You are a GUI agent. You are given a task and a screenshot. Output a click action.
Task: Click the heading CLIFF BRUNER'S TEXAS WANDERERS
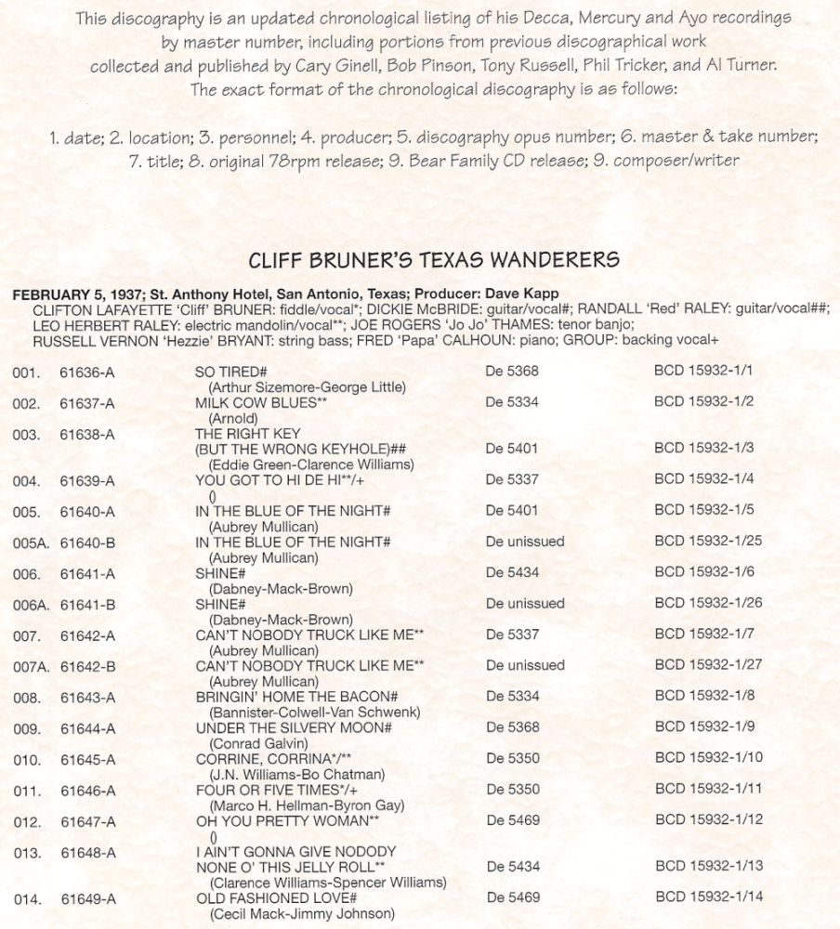point(435,258)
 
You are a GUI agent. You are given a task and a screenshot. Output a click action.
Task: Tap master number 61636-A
point(87,372)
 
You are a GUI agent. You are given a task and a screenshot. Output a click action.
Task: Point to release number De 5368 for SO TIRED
point(512,372)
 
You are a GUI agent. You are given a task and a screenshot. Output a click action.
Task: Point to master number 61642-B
point(87,666)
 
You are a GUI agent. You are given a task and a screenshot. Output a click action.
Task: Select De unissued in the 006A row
point(525,604)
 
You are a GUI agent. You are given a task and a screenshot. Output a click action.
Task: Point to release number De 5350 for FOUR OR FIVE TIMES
point(512,791)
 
